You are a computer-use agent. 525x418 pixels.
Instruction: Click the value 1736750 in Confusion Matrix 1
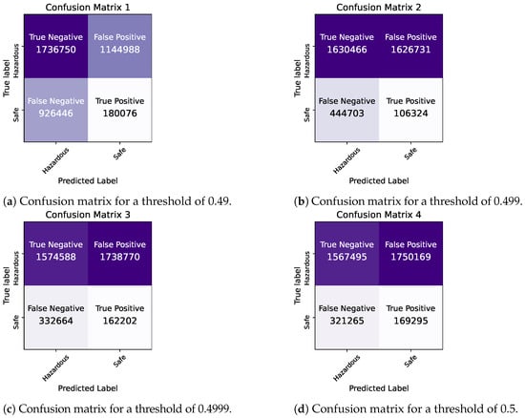56,50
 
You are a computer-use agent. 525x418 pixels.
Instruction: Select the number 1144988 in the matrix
120,50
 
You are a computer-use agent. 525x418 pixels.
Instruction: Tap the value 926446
56,114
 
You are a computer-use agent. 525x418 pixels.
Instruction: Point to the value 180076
120,114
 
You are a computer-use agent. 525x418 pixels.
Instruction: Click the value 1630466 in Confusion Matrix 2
346,50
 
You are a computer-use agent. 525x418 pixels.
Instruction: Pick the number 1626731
410,50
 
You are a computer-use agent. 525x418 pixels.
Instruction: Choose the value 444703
346,114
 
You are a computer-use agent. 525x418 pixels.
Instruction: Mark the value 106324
410,114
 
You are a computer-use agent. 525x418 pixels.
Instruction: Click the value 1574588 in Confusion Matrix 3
56,257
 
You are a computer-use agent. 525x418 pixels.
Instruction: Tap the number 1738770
120,257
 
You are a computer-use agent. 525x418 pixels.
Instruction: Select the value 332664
56,321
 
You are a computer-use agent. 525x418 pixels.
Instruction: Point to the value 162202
120,321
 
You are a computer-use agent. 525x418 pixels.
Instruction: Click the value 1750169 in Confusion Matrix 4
410,257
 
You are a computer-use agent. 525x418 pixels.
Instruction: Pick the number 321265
346,321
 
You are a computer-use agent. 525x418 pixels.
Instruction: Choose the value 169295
410,321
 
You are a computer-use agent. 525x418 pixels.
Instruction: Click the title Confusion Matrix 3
88,215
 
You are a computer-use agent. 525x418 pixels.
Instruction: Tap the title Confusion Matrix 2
379,8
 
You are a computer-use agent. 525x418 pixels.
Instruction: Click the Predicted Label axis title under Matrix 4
379,388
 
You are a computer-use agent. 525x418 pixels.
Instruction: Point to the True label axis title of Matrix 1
7,78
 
